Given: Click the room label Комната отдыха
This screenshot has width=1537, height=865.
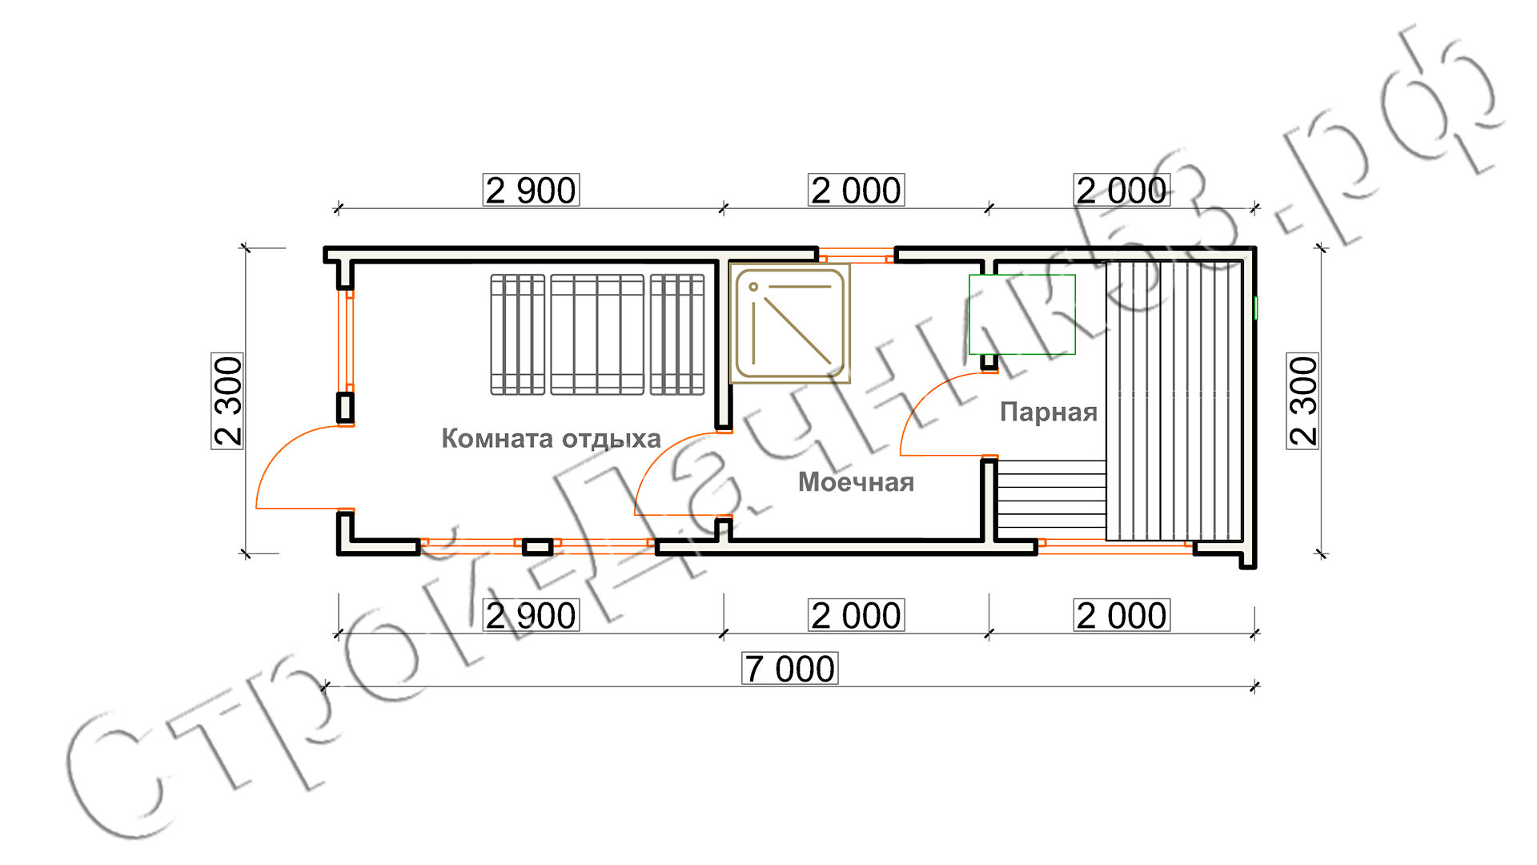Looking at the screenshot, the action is pyautogui.click(x=551, y=439).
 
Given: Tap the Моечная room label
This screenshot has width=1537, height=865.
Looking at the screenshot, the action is pyautogui.click(x=856, y=482).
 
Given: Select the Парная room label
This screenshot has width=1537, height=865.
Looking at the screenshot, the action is pyautogui.click(x=1049, y=412).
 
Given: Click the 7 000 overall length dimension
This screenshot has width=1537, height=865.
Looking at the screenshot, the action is pyautogui.click(x=790, y=669).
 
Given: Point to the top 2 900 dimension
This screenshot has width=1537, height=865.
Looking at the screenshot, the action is pyautogui.click(x=531, y=191).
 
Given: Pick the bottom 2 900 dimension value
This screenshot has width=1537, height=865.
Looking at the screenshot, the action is pyautogui.click(x=531, y=615).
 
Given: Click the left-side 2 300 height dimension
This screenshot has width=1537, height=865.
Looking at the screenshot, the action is pyautogui.click(x=228, y=400).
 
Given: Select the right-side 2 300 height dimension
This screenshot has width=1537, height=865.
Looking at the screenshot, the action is pyautogui.click(x=1303, y=400).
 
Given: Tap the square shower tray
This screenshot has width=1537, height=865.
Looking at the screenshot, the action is pyautogui.click(x=790, y=324).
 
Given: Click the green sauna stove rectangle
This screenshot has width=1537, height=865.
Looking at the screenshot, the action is pyautogui.click(x=1022, y=315).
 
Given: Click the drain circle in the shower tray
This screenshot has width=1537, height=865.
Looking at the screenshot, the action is pyautogui.click(x=753, y=287).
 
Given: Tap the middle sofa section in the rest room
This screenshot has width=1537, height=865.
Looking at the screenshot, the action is pyautogui.click(x=597, y=335).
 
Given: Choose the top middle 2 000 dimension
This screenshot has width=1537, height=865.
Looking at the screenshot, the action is pyautogui.click(x=857, y=191).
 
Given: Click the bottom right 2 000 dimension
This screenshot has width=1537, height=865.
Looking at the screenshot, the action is pyautogui.click(x=1122, y=615).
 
